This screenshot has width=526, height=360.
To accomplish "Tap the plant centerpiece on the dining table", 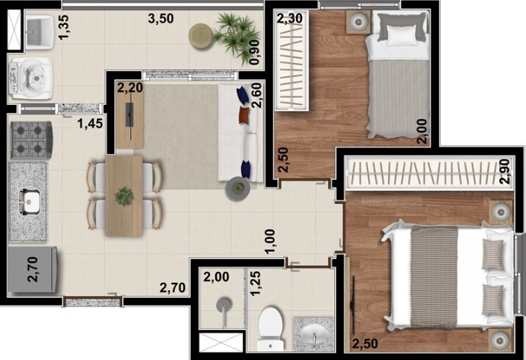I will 124,195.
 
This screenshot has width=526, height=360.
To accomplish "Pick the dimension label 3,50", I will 161,18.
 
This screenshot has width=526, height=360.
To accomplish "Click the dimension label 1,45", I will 90,124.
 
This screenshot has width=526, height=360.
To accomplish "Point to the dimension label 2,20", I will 129,88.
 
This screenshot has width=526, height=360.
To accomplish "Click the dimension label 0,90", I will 254,52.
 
